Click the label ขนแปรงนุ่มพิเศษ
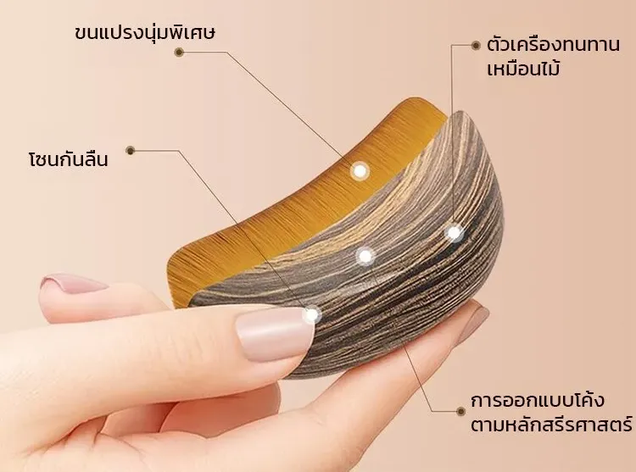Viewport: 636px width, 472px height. [x=144, y=33]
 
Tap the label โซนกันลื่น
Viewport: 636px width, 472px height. [x=68, y=158]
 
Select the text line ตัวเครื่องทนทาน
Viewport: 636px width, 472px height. [x=553, y=44]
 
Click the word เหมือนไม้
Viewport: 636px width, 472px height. [x=523, y=68]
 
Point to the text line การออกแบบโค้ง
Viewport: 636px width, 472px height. [x=538, y=400]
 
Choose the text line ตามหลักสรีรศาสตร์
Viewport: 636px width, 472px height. [x=552, y=425]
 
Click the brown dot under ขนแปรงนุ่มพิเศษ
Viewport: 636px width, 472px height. [x=179, y=52]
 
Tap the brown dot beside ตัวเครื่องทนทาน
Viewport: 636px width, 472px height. [x=476, y=46]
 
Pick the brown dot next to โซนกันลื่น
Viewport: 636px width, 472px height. [x=131, y=150]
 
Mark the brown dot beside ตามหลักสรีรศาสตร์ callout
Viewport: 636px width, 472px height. [x=460, y=411]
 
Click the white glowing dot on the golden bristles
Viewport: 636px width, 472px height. [x=360, y=171]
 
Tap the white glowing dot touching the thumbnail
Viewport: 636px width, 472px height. [x=311, y=314]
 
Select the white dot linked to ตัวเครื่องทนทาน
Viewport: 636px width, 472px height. [x=455, y=233]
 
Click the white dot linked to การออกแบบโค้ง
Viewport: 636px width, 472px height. [x=365, y=256]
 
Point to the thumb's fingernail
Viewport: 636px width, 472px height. [x=275, y=333]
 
